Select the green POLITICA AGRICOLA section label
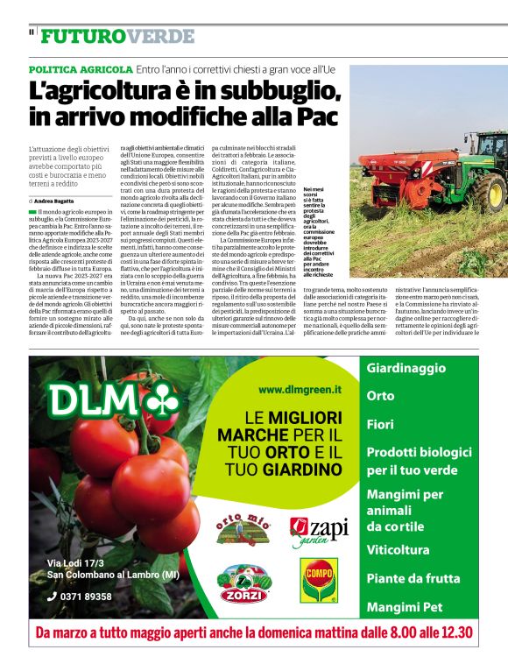[81, 69]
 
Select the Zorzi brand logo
[243, 583]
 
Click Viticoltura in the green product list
[398, 550]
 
